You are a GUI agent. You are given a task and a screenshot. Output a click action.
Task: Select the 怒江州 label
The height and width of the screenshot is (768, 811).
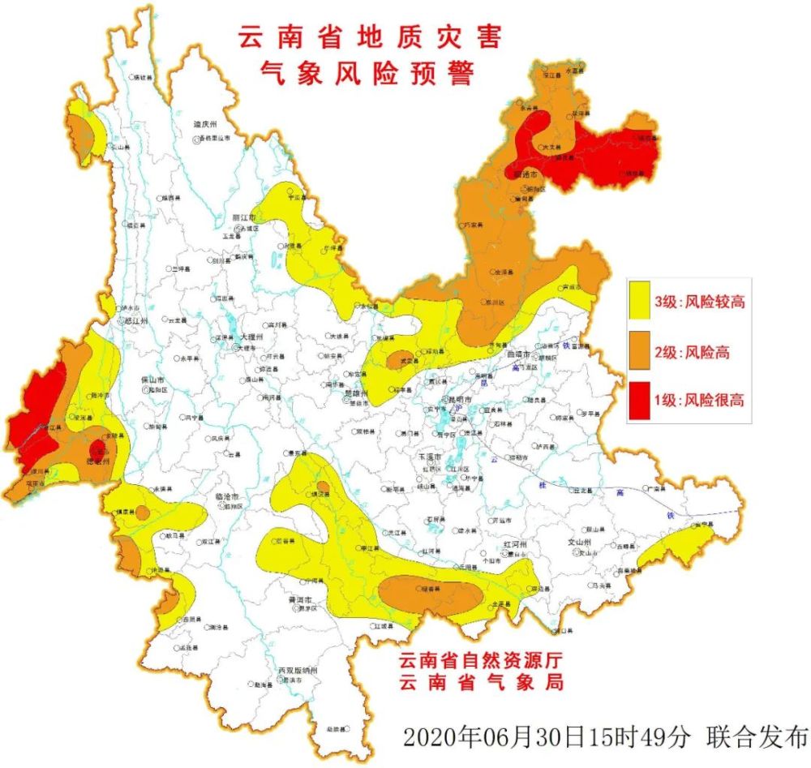click(129, 320)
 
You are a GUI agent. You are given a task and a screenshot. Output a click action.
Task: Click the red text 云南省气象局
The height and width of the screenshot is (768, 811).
click(480, 682)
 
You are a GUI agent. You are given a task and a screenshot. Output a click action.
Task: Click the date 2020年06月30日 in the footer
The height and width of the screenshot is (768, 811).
click(506, 738)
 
